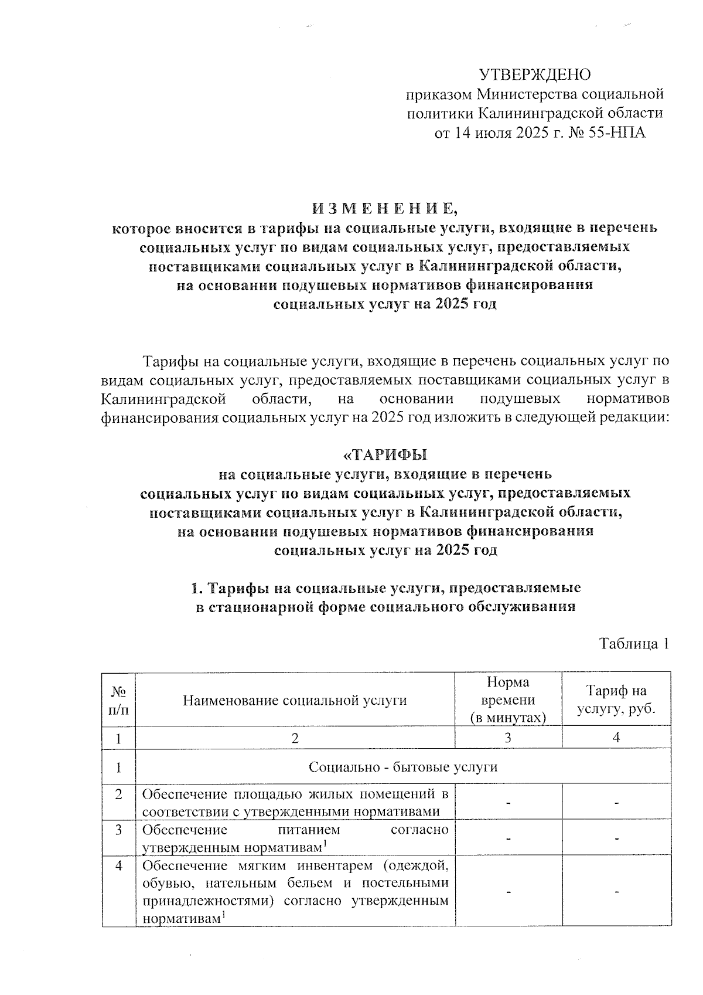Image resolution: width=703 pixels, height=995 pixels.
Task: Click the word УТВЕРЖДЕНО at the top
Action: (x=535, y=74)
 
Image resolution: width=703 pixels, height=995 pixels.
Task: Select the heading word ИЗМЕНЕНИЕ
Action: (x=384, y=208)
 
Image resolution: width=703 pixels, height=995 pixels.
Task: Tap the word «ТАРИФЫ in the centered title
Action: (x=384, y=455)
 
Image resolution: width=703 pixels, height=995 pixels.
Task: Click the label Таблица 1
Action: (x=633, y=644)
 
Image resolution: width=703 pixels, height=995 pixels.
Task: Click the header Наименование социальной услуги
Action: (x=295, y=700)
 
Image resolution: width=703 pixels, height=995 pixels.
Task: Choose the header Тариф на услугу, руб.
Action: (x=616, y=700)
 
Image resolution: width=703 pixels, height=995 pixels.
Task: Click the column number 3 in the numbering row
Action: (x=508, y=738)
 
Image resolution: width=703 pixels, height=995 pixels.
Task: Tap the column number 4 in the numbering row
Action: (x=616, y=738)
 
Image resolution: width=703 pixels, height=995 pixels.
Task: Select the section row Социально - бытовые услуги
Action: (x=402, y=767)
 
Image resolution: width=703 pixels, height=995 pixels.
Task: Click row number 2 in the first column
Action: (x=118, y=795)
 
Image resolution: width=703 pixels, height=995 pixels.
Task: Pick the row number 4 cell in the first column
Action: (x=118, y=865)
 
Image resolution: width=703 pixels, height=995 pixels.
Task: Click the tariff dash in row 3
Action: (x=616, y=839)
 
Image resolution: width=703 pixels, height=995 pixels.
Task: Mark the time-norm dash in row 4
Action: (x=508, y=892)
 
